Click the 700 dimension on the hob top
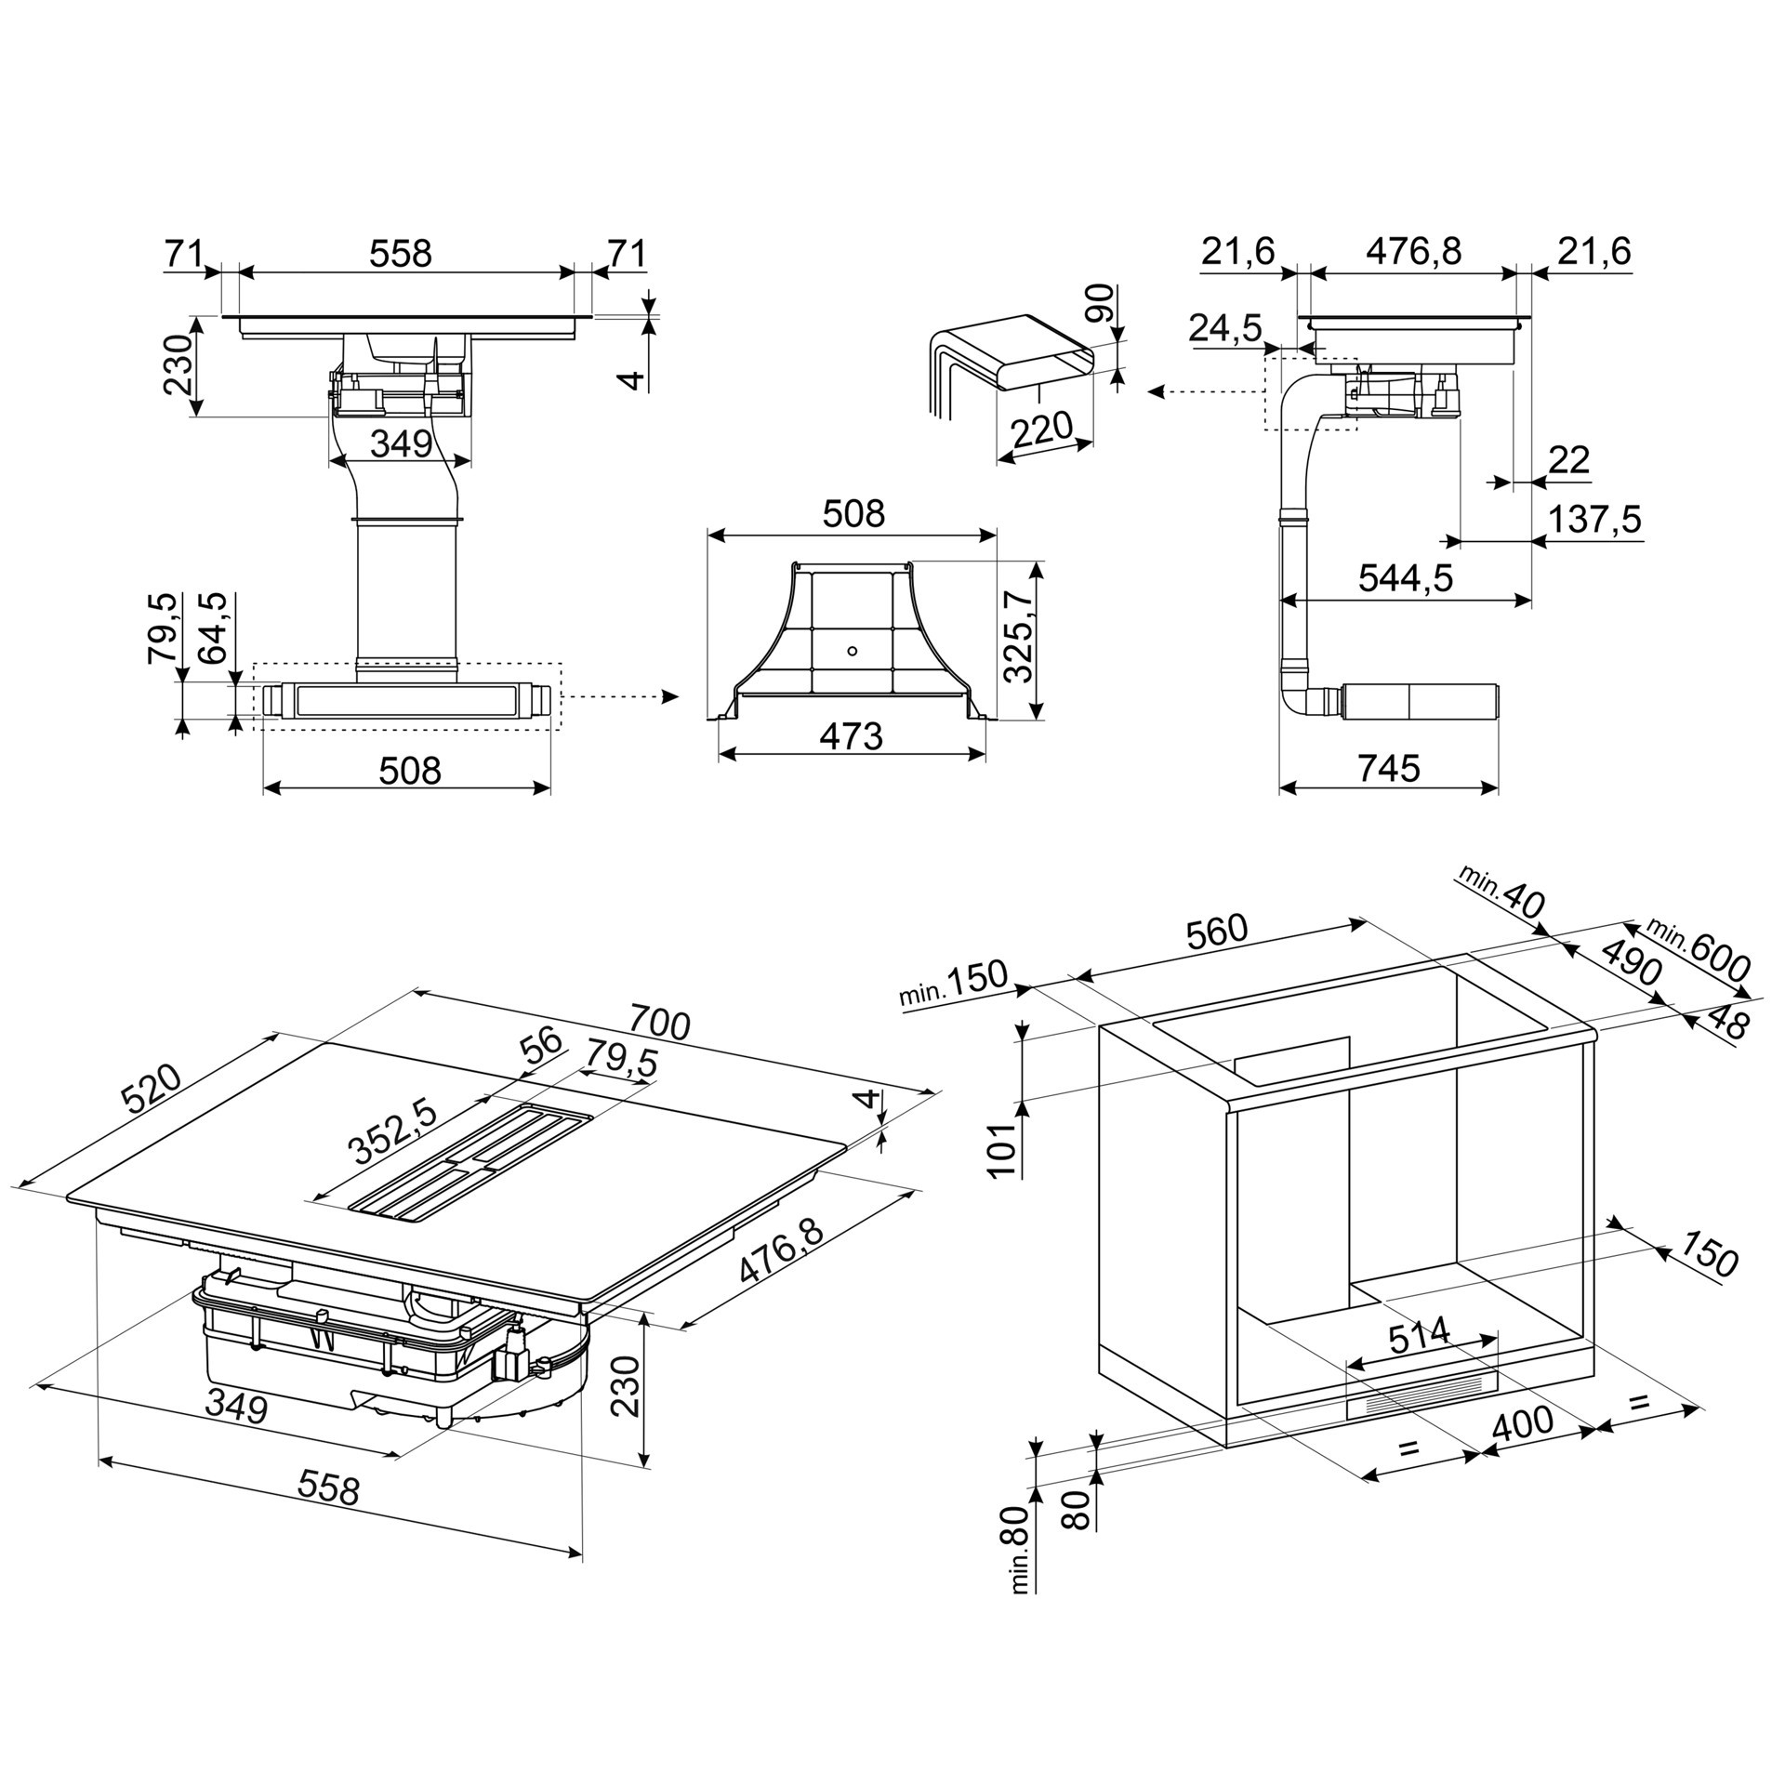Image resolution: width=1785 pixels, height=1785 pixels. point(659,1023)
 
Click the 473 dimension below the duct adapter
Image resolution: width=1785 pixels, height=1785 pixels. point(851,736)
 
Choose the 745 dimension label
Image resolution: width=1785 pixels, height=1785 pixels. point(1389,768)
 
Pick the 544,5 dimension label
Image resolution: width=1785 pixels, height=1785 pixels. point(1405,577)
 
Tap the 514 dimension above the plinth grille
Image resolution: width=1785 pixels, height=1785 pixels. point(1419,1335)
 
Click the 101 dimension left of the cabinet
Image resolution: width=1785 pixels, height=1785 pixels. point(1002,1150)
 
